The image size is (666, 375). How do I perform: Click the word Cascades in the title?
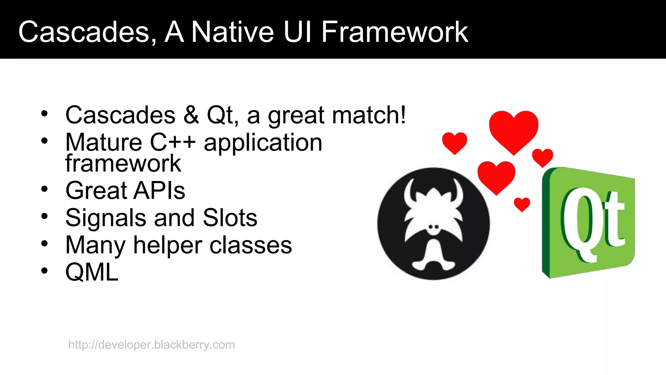tap(84, 32)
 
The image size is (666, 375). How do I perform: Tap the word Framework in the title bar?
tap(394, 32)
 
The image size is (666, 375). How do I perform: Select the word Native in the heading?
tap(232, 32)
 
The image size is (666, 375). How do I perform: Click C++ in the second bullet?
tap(173, 143)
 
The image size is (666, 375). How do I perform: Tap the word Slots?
tap(230, 218)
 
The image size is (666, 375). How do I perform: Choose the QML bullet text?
tap(92, 272)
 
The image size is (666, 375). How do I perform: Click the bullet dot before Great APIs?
tap(45, 189)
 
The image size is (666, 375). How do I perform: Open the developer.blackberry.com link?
tap(152, 345)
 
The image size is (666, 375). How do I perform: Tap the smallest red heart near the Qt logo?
tap(522, 204)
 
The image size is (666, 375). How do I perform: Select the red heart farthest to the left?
tap(454, 142)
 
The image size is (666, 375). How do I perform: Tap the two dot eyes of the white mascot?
tap(433, 227)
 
